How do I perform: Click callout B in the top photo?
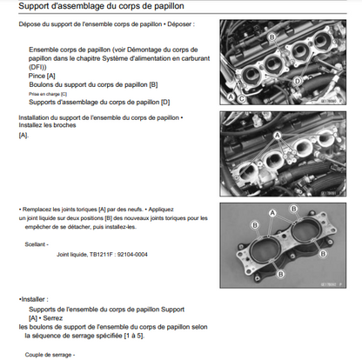[x=272, y=37]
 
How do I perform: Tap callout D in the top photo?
[x=298, y=81]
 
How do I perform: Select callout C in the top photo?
[x=241, y=99]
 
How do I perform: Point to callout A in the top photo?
[x=231, y=97]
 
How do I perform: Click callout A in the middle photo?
[x=278, y=135]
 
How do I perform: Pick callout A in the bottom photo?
[x=272, y=213]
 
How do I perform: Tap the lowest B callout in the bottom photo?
[x=280, y=274]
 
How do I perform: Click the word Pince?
[x=37, y=76]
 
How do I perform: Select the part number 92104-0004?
[x=132, y=255]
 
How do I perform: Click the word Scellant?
[x=35, y=244]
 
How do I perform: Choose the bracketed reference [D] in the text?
[x=165, y=102]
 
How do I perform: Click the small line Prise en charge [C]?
[x=48, y=94]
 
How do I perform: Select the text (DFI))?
[x=37, y=67]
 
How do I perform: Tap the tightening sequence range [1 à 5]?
[x=134, y=336]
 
